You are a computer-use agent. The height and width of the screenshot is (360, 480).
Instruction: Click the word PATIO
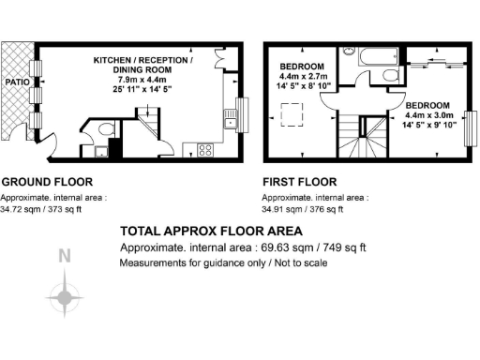(x=17, y=82)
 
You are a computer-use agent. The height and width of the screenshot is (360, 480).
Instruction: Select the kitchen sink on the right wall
(x=228, y=118)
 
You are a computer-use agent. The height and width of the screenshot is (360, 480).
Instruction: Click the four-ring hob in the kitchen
(x=205, y=148)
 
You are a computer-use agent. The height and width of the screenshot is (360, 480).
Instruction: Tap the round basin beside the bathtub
(x=349, y=53)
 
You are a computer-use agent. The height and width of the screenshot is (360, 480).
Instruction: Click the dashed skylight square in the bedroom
(x=292, y=115)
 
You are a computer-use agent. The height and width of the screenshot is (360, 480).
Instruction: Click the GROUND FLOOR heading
(x=47, y=182)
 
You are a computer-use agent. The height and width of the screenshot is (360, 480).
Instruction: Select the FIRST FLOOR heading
(x=300, y=182)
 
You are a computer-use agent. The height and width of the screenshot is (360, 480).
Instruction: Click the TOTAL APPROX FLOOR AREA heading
(x=212, y=231)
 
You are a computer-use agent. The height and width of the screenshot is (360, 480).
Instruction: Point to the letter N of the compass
(x=64, y=256)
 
